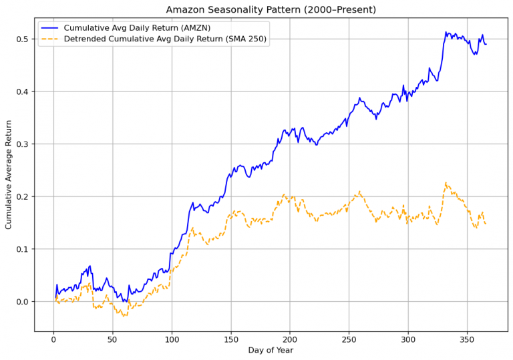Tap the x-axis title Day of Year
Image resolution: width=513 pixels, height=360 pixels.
pyautogui.click(x=270, y=350)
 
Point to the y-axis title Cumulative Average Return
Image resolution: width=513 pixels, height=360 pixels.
pyautogui.click(x=9, y=174)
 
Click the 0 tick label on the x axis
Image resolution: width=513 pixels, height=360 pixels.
pyautogui.click(x=53, y=339)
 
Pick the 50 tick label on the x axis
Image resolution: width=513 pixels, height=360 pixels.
pyautogui.click(x=113, y=339)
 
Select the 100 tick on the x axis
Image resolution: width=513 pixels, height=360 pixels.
pyautogui.click(x=172, y=339)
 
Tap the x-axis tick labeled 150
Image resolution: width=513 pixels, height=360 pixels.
pyautogui.click(x=231, y=339)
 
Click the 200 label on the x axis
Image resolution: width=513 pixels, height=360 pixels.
pyautogui.click(x=290, y=339)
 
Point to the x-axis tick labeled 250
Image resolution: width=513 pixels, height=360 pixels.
pyautogui.click(x=349, y=339)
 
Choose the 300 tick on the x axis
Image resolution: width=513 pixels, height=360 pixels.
pyautogui.click(x=408, y=339)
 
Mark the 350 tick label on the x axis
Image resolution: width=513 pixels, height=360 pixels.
pyautogui.click(x=468, y=339)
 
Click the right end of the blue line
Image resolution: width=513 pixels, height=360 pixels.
pyautogui.click(x=486, y=44)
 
